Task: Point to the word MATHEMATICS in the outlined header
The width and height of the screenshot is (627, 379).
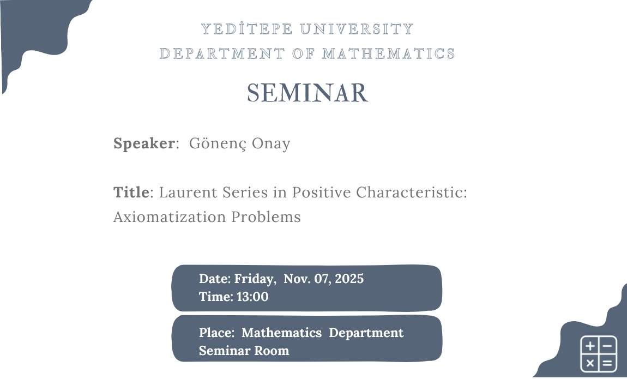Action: [388, 53]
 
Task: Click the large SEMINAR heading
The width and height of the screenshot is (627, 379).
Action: [308, 93]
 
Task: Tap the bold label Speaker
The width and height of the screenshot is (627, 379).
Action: [144, 143]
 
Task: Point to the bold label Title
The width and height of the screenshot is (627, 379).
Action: [131, 192]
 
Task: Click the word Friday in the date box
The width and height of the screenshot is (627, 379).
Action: [254, 279]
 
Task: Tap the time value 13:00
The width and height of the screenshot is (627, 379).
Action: [253, 297]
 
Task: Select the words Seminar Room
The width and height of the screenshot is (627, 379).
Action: [244, 351]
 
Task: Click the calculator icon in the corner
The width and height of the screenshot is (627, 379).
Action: [599, 354]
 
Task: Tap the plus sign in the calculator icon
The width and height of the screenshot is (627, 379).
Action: [590, 346]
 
